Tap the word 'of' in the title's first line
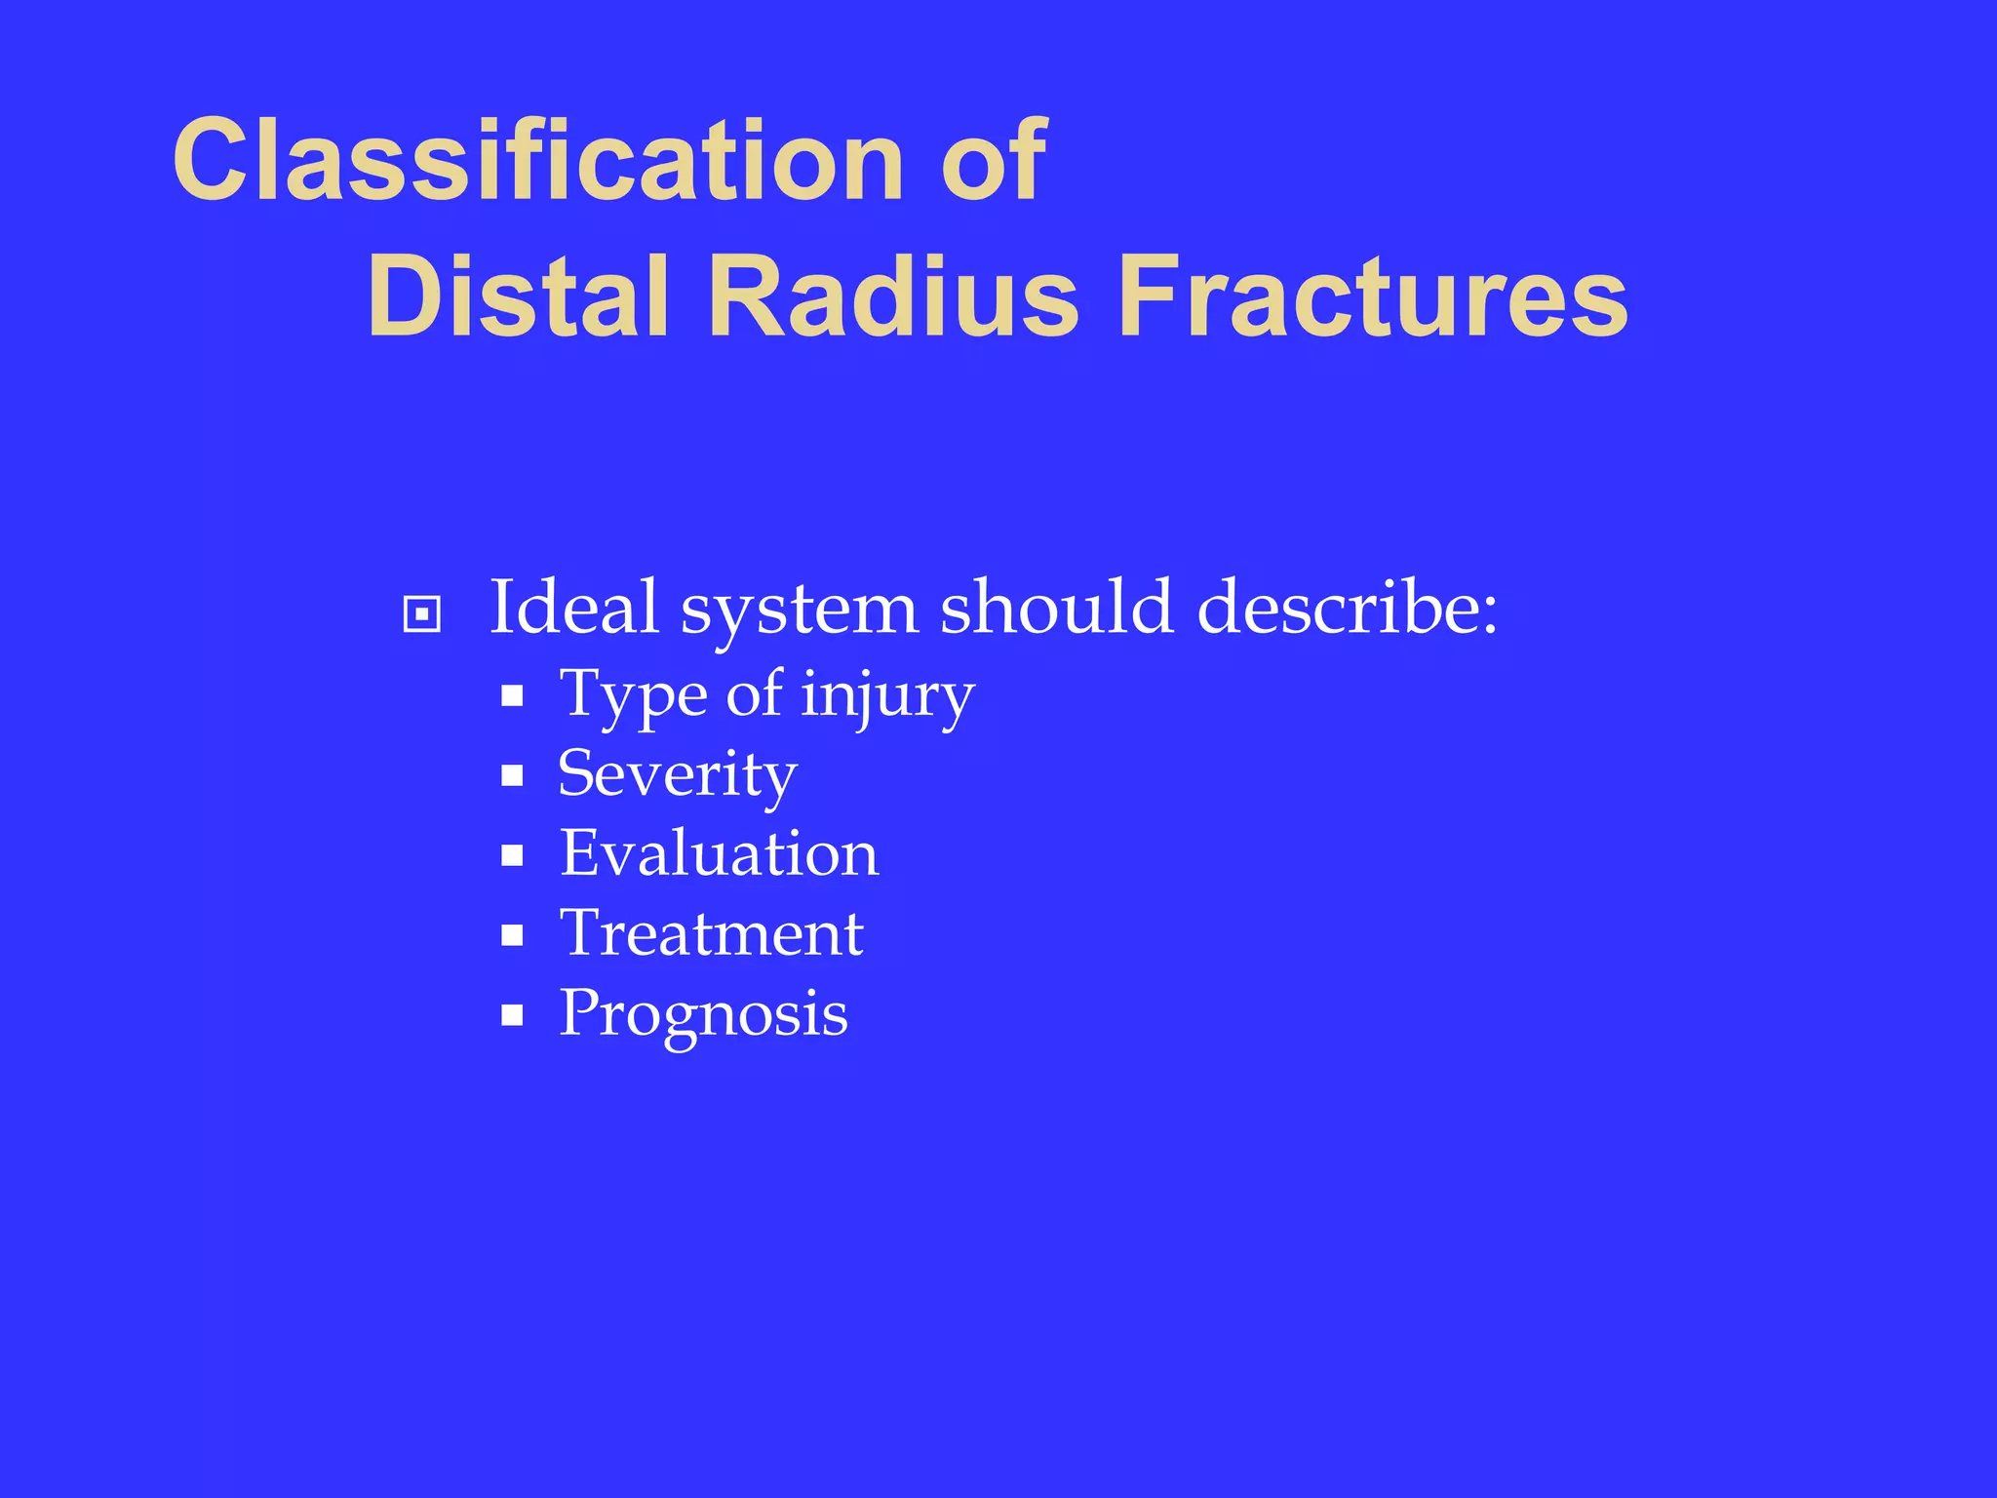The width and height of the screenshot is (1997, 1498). (993, 161)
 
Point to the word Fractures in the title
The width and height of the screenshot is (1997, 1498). (1373, 296)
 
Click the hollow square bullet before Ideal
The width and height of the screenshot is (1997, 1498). (421, 614)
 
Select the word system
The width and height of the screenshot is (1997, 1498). (799, 611)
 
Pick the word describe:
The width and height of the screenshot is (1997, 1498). (1347, 609)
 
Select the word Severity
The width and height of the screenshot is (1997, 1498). (678, 775)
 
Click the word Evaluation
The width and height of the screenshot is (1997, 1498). (719, 854)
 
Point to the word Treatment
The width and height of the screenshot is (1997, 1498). (711, 934)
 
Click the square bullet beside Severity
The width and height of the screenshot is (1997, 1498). (512, 776)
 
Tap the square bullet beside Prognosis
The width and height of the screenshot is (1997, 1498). (512, 1016)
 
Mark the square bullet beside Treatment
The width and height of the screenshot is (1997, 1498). (512, 936)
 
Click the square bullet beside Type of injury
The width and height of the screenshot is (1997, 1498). (512, 696)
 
